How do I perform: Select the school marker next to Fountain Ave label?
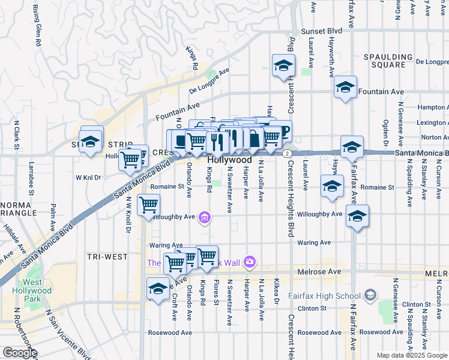[345, 87]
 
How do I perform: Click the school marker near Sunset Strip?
[90, 141]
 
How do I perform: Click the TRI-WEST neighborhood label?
[107, 257]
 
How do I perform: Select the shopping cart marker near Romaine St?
[148, 205]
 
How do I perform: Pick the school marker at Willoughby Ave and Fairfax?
[357, 217]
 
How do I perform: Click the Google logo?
[20, 353]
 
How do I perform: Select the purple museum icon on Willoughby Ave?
[204, 217]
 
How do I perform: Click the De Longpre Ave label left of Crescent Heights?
[209, 80]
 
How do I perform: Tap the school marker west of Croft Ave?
[158, 289]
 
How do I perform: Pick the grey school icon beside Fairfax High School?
[370, 295]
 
